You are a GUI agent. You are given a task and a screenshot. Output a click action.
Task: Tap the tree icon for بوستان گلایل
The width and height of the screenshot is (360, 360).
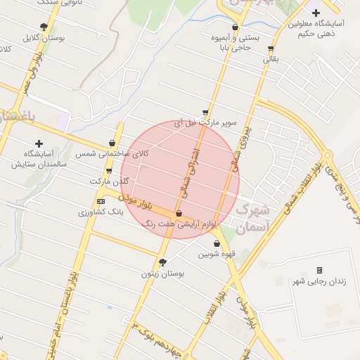[44, 27]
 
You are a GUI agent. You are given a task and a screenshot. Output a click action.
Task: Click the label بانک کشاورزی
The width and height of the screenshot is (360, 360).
[100, 211]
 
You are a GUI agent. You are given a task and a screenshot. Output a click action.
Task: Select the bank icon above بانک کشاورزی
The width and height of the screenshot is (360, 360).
[101, 201]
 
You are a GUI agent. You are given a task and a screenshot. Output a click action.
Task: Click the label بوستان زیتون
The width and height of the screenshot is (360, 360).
[162, 274]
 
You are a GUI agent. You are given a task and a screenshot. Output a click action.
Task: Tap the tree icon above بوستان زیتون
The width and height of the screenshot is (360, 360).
[163, 262]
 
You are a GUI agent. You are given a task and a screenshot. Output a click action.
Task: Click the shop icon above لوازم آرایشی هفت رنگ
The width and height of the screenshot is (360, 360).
[179, 213]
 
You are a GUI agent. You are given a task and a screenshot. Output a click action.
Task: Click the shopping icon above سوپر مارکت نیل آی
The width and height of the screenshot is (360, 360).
[205, 112]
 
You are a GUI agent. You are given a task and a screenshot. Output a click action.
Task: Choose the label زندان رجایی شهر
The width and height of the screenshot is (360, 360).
[319, 281]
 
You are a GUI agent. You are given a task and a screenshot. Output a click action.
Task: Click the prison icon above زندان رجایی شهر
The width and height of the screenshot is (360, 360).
[319, 270]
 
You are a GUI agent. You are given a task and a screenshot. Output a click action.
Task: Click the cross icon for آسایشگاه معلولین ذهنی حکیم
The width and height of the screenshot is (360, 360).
[316, 12]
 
